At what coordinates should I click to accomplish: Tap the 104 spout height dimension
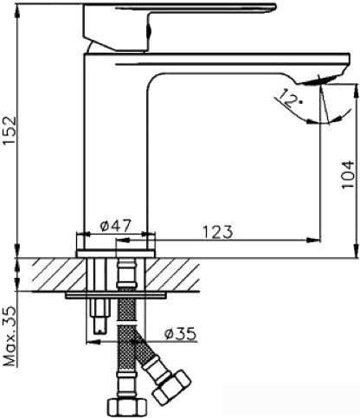(x=347, y=175)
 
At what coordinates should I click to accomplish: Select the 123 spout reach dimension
(x=218, y=232)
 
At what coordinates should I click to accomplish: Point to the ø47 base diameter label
(x=116, y=226)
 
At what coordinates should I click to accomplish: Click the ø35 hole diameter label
(x=180, y=334)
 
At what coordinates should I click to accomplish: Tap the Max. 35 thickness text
(x=10, y=336)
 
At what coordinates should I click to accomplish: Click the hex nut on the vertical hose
(x=127, y=408)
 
